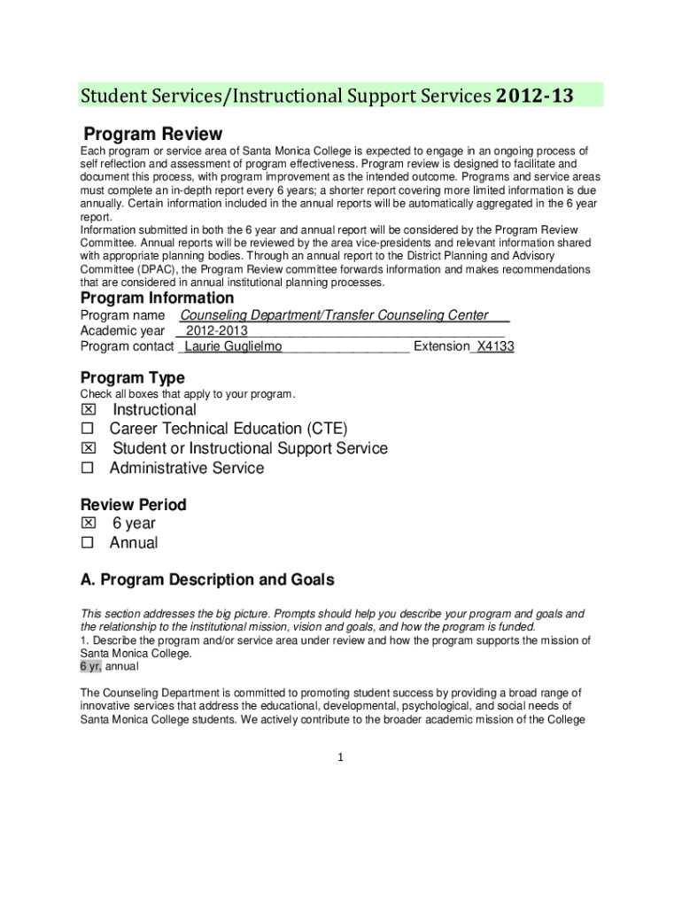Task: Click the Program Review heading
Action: point(152,134)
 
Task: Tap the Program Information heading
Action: point(157,298)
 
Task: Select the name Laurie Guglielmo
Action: point(233,346)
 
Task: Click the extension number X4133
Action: point(495,346)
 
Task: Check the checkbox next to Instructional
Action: point(88,410)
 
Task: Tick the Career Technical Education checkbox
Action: point(88,430)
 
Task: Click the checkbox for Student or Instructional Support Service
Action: point(88,449)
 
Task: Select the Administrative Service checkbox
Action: point(88,469)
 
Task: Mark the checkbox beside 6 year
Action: point(88,523)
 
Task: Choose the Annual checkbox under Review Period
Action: point(88,543)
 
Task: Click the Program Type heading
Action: point(133,378)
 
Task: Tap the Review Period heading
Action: point(134,505)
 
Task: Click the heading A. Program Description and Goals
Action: point(207,580)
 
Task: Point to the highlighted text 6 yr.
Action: point(91,667)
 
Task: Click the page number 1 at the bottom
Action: point(341,757)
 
